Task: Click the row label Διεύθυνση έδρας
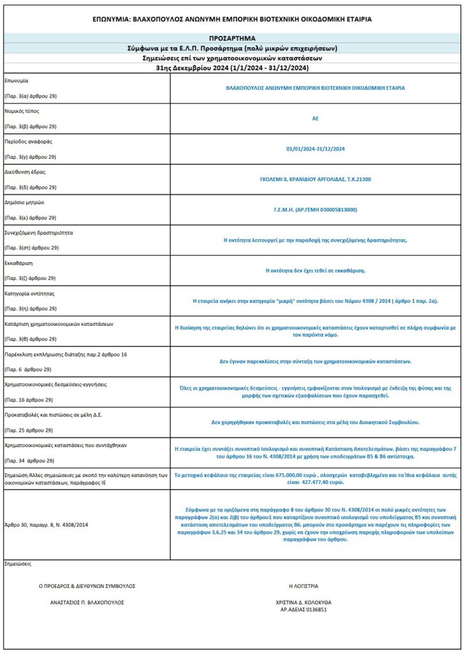coord(25,172)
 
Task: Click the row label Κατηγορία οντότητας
coord(30,293)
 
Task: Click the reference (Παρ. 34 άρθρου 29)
coord(31,460)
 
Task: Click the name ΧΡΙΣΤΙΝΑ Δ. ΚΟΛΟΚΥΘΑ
coord(303,602)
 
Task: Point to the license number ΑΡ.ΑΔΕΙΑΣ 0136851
coord(303,610)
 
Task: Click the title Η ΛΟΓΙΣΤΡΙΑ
coord(303,586)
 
